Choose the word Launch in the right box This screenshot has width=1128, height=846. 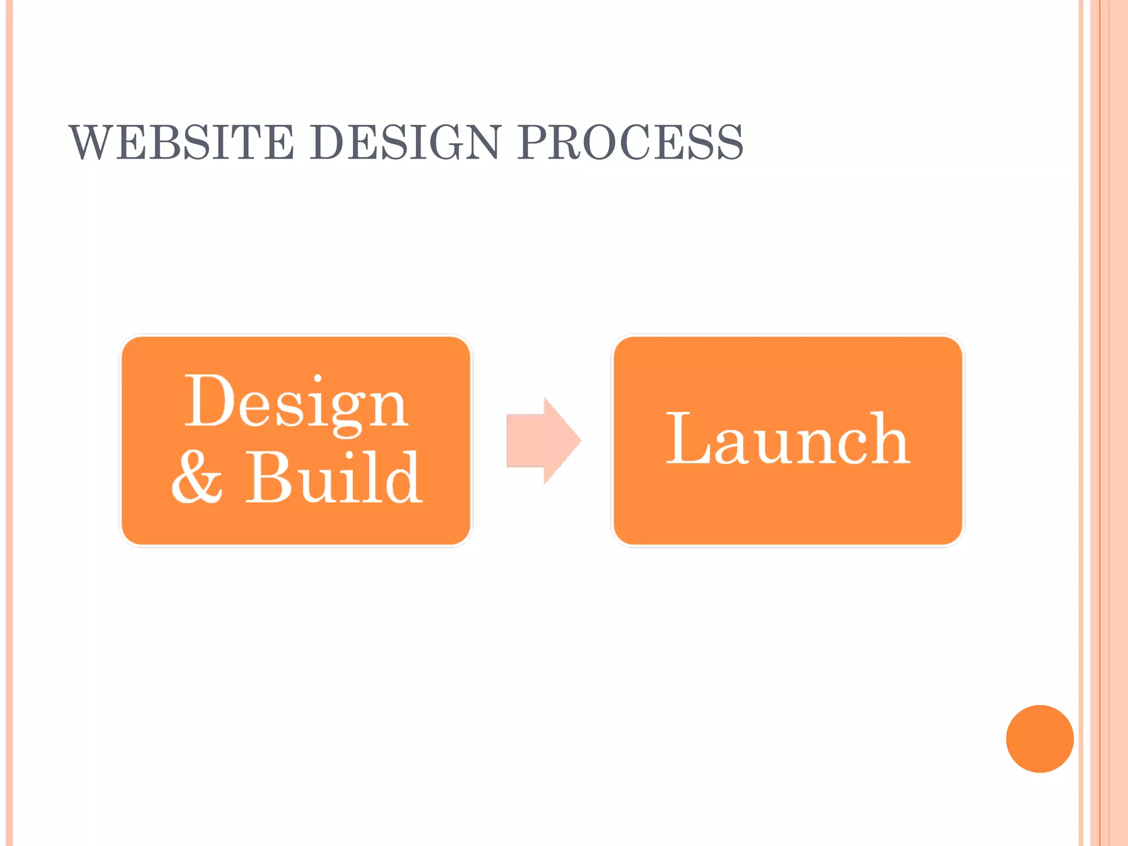click(x=788, y=439)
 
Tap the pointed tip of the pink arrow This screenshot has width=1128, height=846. click(x=579, y=440)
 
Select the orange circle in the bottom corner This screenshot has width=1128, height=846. click(x=1039, y=739)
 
